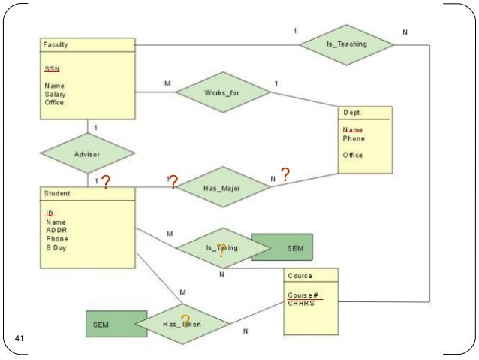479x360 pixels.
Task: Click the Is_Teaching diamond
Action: point(346,44)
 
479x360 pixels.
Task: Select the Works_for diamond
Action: point(222,92)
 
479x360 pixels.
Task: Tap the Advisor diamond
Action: point(87,154)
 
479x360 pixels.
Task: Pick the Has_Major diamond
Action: point(221,188)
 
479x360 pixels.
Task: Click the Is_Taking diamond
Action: point(221,247)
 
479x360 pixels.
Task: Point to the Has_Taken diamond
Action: point(182,325)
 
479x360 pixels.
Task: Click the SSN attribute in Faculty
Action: point(52,69)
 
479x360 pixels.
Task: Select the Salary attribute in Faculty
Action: point(54,94)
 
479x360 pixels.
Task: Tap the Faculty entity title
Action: point(55,45)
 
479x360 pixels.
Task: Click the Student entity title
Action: point(56,193)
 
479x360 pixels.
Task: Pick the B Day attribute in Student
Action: point(56,247)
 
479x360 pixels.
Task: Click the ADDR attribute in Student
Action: point(56,230)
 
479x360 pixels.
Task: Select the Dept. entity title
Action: point(353,112)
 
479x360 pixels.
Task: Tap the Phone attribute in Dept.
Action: point(354,138)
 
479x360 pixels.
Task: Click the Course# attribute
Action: point(300,295)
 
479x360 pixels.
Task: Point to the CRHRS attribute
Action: point(300,304)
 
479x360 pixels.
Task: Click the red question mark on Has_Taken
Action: point(185,322)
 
